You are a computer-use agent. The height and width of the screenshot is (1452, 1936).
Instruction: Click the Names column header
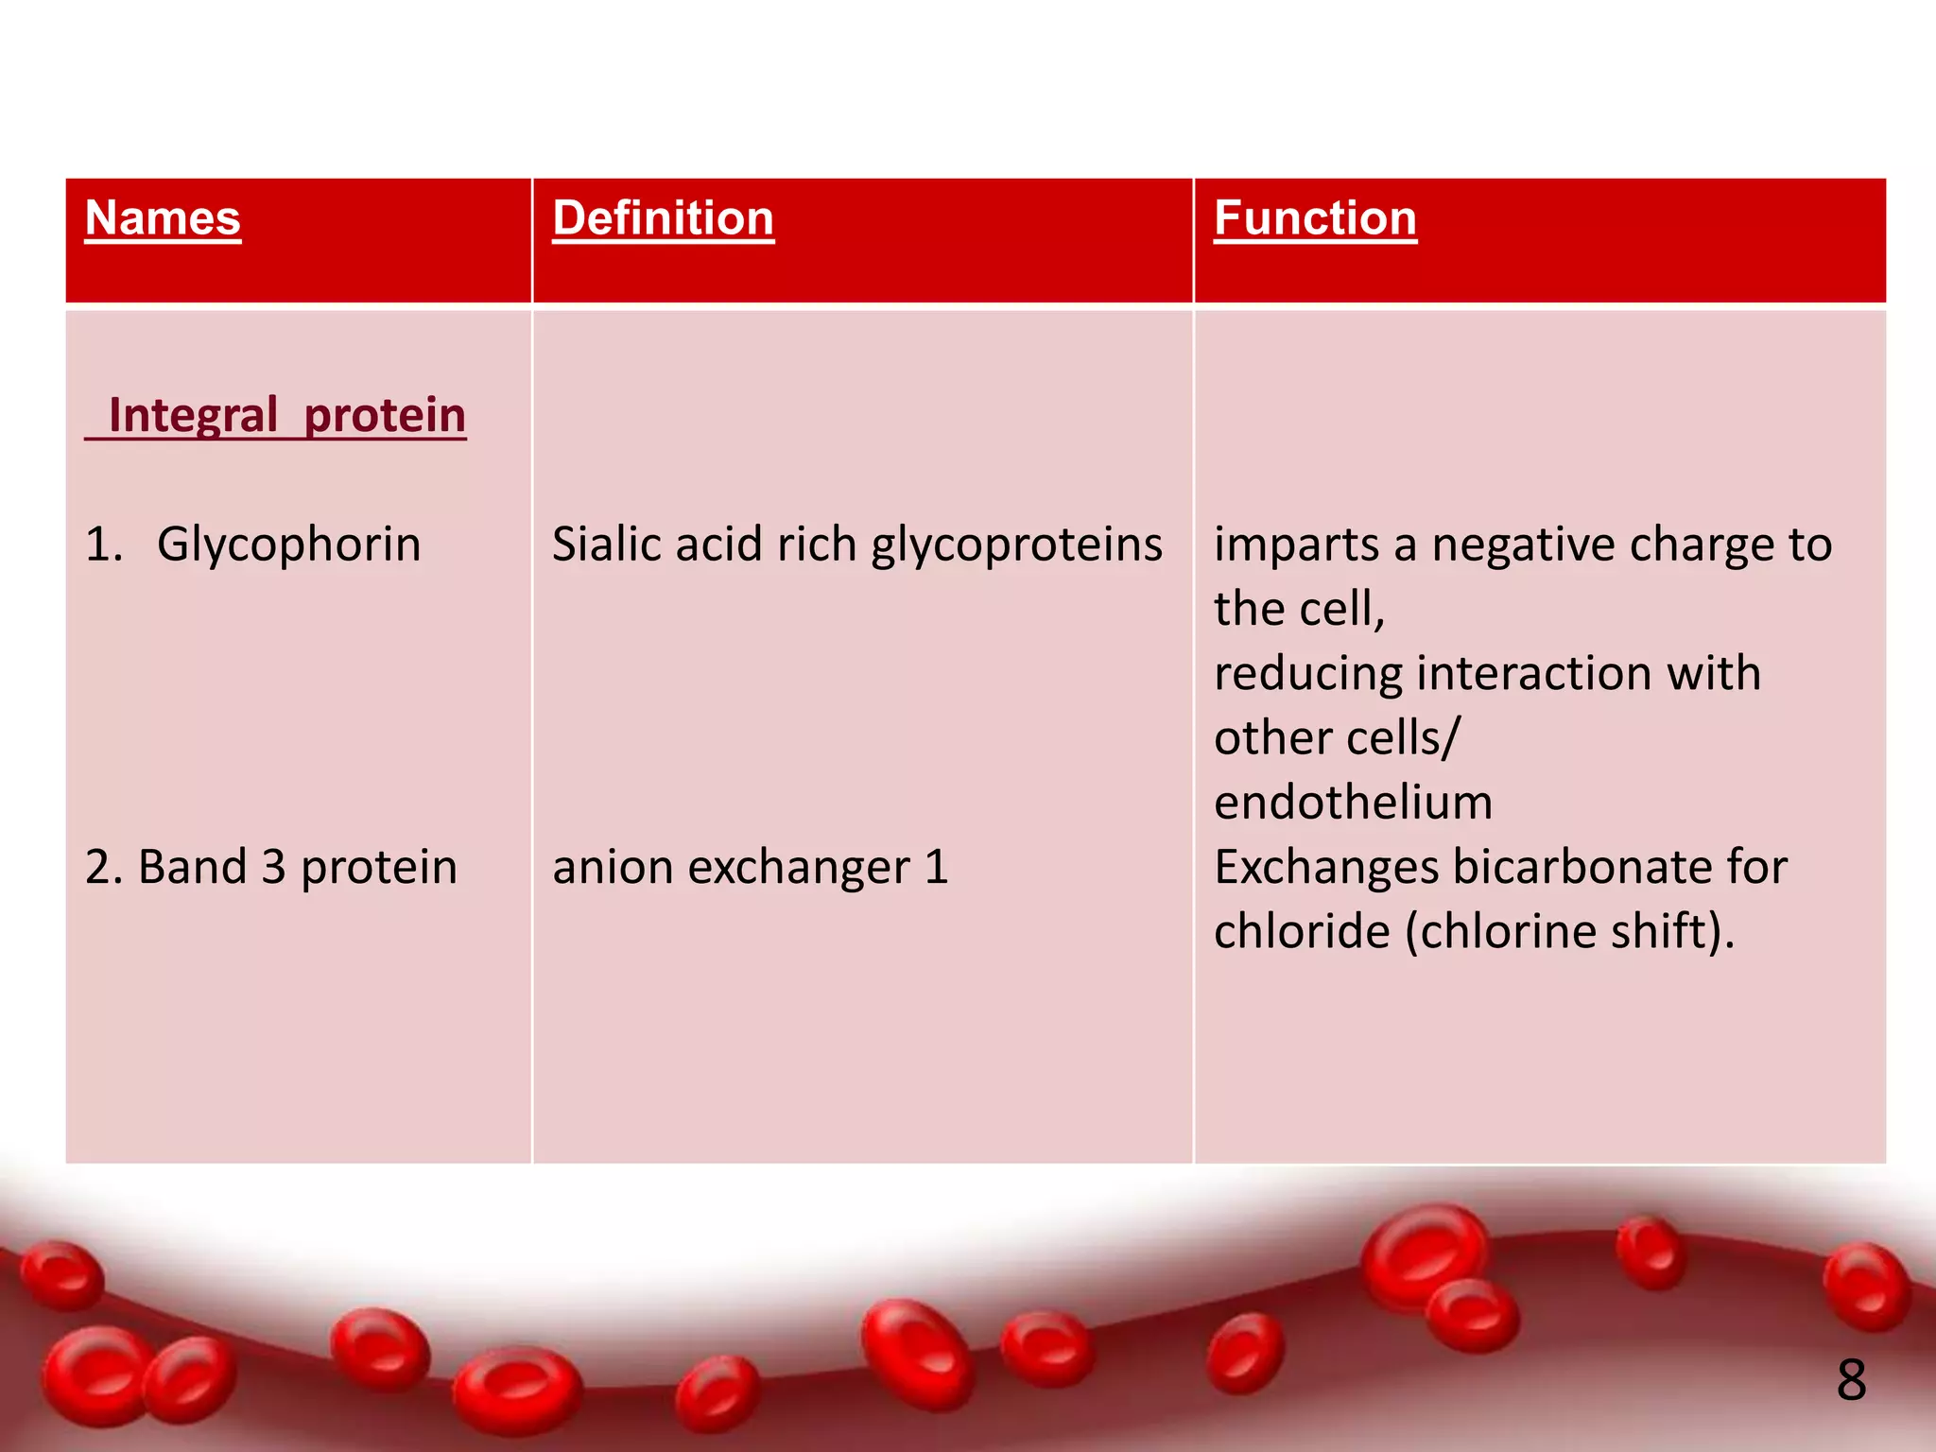tap(163, 218)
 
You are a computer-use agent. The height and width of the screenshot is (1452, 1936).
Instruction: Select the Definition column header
tap(663, 218)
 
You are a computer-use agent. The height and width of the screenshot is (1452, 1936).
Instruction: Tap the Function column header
tap(1315, 218)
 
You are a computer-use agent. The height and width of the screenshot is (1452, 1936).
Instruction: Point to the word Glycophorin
tap(288, 545)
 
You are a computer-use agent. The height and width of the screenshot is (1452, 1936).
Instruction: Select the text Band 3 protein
tap(270, 868)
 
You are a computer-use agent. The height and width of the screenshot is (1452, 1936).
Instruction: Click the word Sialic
tap(609, 545)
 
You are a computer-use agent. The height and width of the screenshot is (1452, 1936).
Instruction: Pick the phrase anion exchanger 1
tap(750, 868)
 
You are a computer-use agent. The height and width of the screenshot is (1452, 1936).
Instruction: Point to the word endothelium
tap(1353, 803)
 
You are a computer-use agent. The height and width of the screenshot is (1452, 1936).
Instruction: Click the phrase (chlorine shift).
tap(1569, 932)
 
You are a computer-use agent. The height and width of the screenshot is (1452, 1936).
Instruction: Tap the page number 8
tap(1851, 1380)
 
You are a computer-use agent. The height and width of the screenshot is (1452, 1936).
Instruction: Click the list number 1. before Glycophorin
tap(104, 545)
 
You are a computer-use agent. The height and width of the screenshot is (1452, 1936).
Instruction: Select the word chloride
tap(1302, 932)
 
